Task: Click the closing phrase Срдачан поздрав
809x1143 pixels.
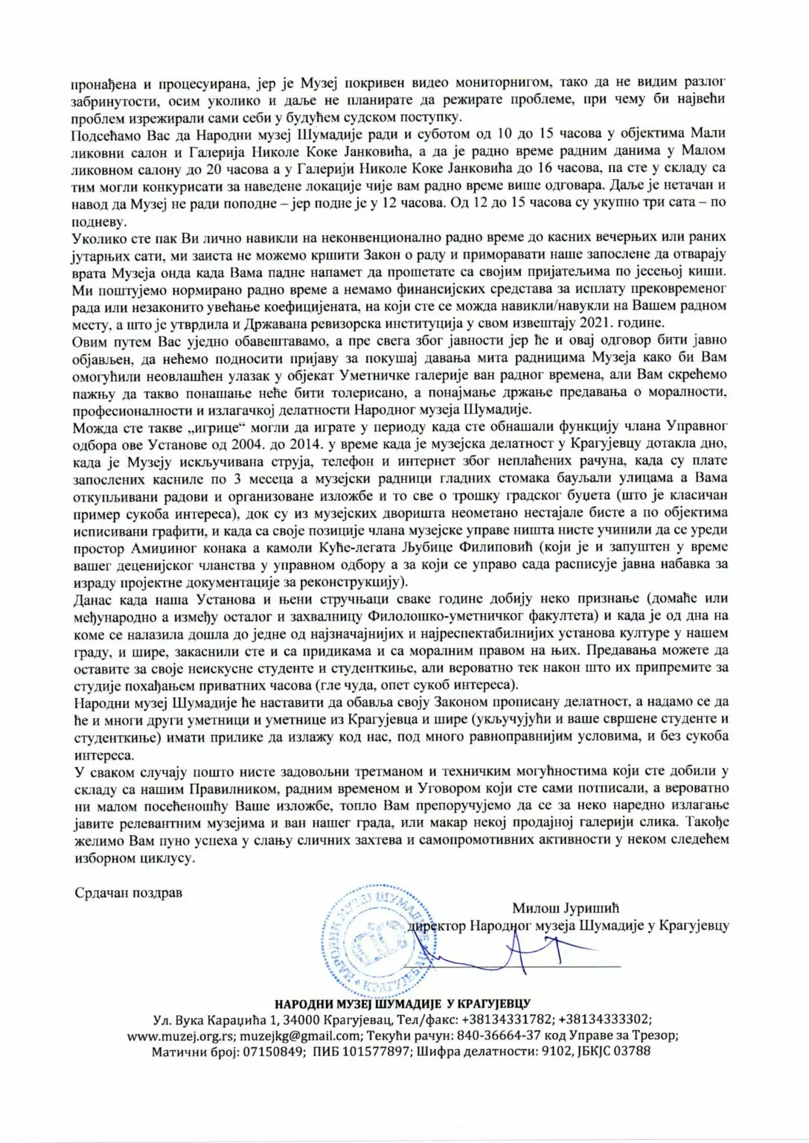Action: [128, 892]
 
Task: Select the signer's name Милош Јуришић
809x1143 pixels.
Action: [566, 908]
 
